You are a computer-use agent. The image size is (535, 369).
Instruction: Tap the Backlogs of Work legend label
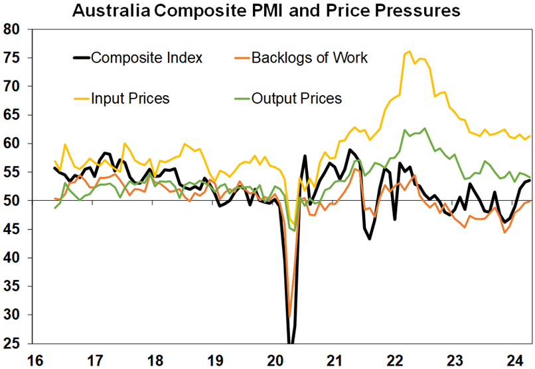coord(309,58)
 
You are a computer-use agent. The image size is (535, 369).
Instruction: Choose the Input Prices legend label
coord(130,98)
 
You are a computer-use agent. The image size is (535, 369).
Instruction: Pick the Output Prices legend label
coord(297,98)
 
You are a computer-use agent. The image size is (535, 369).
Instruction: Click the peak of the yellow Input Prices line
coord(409,51)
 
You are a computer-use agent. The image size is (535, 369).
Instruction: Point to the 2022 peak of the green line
coord(425,128)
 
